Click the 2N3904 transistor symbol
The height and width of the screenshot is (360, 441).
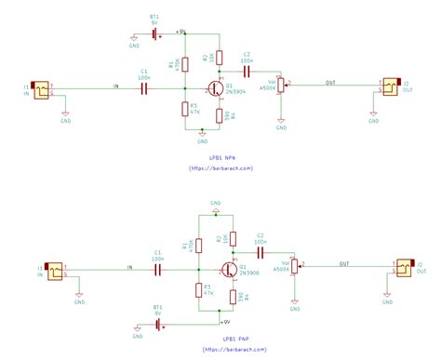214,89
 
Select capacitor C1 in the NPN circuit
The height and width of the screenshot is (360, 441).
144,89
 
